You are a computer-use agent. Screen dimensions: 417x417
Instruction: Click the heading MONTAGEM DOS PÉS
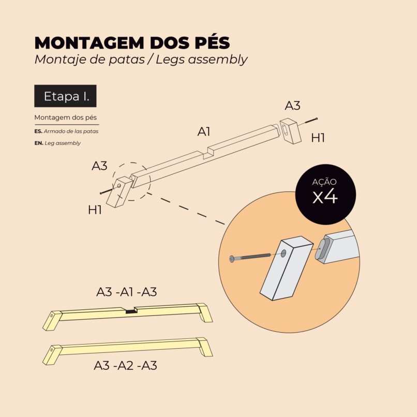pos(132,42)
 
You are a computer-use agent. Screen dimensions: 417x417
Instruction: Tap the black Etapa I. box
pos(65,96)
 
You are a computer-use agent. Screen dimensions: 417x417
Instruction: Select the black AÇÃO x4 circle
pos(325,195)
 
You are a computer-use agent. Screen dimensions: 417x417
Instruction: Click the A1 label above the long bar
pos(204,131)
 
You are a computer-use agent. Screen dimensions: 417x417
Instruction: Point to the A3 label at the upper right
pos(292,106)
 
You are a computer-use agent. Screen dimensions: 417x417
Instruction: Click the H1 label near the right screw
pos(318,138)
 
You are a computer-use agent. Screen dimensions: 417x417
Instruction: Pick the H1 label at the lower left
pos(95,210)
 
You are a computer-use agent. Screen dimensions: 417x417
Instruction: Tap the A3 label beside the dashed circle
pos(99,166)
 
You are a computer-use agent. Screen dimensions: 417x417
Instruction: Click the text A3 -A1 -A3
pos(127,292)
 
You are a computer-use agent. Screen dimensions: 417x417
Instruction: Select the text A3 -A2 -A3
pos(126,365)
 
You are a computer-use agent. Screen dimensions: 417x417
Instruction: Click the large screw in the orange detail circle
pos(250,257)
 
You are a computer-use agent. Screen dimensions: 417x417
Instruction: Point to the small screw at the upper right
pos(311,121)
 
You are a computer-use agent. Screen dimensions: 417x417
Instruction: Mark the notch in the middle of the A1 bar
pos(208,154)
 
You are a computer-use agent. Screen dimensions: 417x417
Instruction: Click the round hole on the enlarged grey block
pos(284,253)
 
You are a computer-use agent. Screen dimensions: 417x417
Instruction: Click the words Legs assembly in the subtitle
pos(202,59)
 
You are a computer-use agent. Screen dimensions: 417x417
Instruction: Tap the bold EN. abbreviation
pos(39,143)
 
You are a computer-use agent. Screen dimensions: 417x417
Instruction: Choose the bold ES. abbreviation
pos(39,131)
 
